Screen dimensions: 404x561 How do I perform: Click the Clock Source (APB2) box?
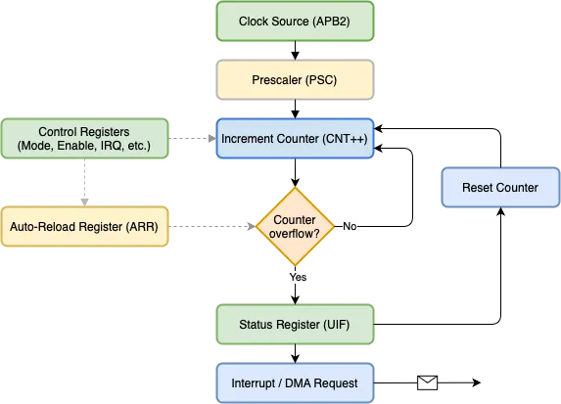pos(294,21)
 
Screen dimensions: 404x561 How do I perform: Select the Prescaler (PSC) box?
pos(294,80)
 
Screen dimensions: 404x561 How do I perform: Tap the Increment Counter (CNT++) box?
pos(294,140)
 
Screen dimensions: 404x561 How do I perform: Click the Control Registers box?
pos(85,140)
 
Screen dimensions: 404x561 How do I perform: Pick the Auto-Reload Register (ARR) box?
pos(85,226)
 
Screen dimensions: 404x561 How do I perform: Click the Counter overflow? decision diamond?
pos(295,226)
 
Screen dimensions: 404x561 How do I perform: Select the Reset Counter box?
pos(500,187)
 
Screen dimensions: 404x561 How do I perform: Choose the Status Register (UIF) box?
pos(294,324)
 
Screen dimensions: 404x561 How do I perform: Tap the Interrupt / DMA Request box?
pos(294,382)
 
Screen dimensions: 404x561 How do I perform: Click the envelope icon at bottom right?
pos(427,383)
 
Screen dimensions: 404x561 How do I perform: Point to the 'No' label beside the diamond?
pos(351,226)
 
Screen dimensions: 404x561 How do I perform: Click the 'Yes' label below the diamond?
pos(299,278)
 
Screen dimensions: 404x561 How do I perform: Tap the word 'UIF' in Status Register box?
pos(334,324)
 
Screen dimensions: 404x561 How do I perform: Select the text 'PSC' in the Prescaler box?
pos(320,80)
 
